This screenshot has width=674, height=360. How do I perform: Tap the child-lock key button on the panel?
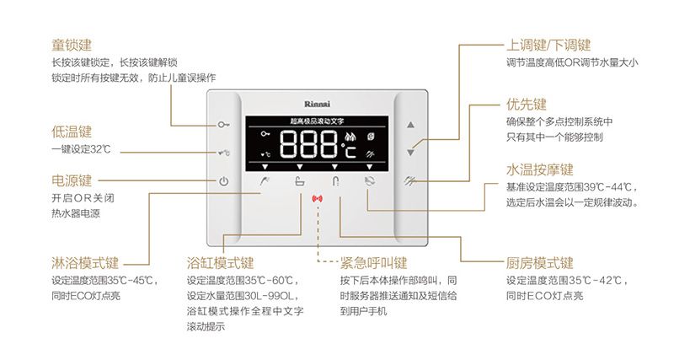pos(223,125)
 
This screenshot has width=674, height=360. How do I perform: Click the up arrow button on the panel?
pos(411,125)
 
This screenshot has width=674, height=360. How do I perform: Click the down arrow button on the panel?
pos(411,153)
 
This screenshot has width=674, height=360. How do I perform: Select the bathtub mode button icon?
pos(300,181)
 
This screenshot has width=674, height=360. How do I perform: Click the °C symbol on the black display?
pos(348,152)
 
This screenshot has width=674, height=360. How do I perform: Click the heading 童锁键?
pos(72,44)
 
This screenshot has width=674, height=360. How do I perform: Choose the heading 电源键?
pos(72,180)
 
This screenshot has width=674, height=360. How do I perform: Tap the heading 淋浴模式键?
pos(85,262)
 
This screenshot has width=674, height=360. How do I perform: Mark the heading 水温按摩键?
pos(539,169)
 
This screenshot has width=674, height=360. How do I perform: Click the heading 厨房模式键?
pos(540,262)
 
